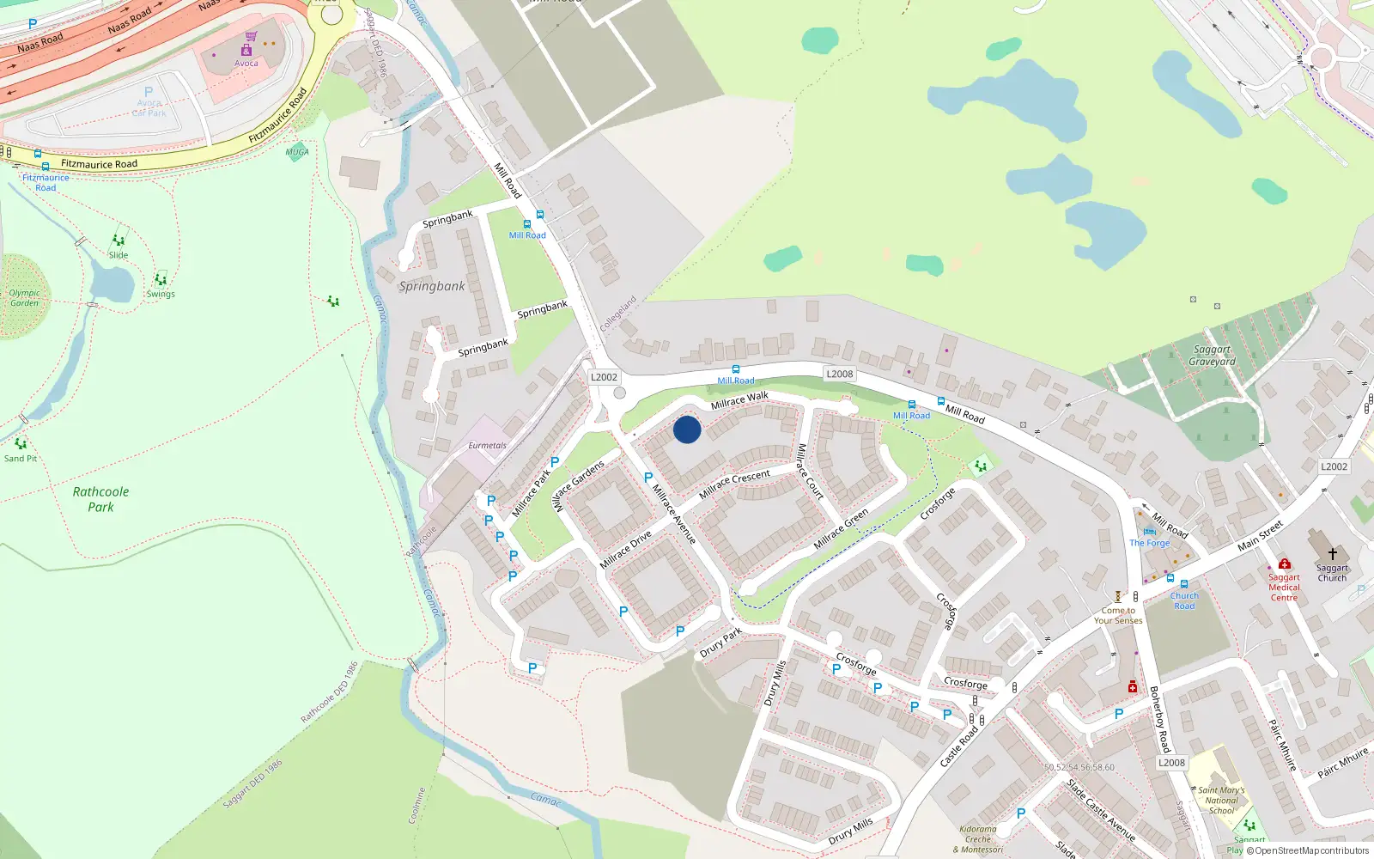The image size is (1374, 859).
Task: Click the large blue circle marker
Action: pos(687,429)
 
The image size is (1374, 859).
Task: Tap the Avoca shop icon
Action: pos(246,50)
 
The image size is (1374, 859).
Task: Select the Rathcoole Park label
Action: pos(100,499)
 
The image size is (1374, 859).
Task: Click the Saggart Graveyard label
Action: pos(1212,356)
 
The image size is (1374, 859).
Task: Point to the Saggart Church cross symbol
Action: pos(1333,554)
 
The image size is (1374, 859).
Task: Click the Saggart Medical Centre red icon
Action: pos(1284,564)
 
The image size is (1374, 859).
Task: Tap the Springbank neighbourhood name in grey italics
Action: pos(432,286)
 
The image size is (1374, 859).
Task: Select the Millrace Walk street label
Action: pos(739,399)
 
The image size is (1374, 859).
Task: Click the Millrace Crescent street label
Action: pos(734,484)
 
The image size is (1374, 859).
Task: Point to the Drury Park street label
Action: pos(720,643)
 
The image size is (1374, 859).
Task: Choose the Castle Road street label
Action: pos(958,746)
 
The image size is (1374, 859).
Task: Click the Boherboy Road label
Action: pos(1159,719)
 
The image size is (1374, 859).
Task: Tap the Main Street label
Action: pos(1260,535)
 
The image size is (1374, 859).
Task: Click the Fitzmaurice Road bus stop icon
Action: pos(46,166)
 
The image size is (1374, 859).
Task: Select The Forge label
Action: pos(1149,543)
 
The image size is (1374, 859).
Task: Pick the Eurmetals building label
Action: pos(487,445)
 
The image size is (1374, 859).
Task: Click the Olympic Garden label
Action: pos(24,298)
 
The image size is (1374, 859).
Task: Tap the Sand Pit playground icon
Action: pos(21,444)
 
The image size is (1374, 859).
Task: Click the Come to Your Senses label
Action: pos(1118,615)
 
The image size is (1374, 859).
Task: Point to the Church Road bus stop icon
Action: pos(1183,584)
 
